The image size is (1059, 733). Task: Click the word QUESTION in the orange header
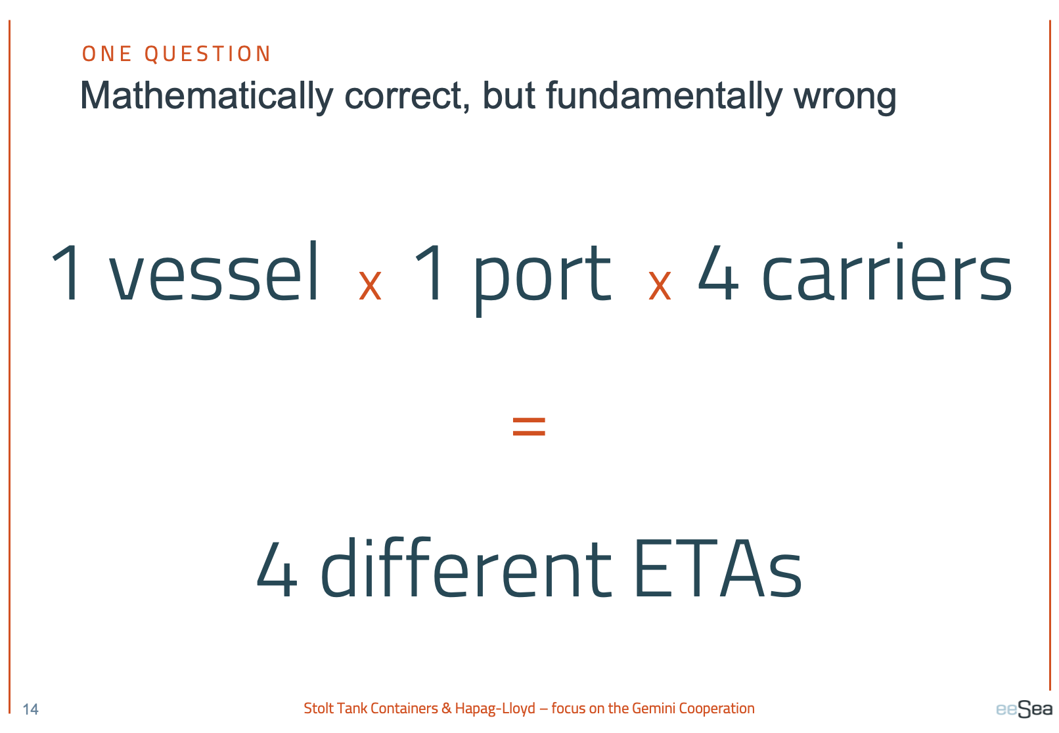point(208,54)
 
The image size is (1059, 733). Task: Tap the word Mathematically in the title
point(207,97)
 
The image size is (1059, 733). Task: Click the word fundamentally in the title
point(664,97)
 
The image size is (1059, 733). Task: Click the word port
point(542,279)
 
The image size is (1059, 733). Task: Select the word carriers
point(887,272)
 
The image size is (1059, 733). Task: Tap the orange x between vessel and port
point(370,285)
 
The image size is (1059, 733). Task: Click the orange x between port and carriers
point(660,285)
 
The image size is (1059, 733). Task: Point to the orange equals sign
point(529,426)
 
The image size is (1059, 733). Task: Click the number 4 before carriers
point(718,273)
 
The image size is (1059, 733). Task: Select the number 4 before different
point(277,569)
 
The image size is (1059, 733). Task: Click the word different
point(466,567)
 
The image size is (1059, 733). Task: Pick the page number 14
point(31,709)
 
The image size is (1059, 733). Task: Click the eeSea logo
point(1024,709)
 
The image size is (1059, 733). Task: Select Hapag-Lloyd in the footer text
point(495,709)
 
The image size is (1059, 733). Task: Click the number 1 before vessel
point(68,272)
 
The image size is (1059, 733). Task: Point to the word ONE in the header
point(107,54)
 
